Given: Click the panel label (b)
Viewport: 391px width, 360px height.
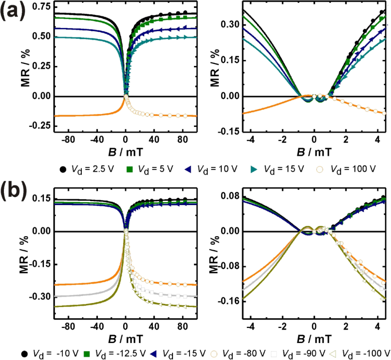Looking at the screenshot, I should (15, 191).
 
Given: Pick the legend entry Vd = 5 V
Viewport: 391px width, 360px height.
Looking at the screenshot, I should (149, 170).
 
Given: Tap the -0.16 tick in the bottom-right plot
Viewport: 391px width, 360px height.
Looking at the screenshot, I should (229, 301).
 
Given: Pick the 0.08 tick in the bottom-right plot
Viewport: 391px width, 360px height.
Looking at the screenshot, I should (230, 196).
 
